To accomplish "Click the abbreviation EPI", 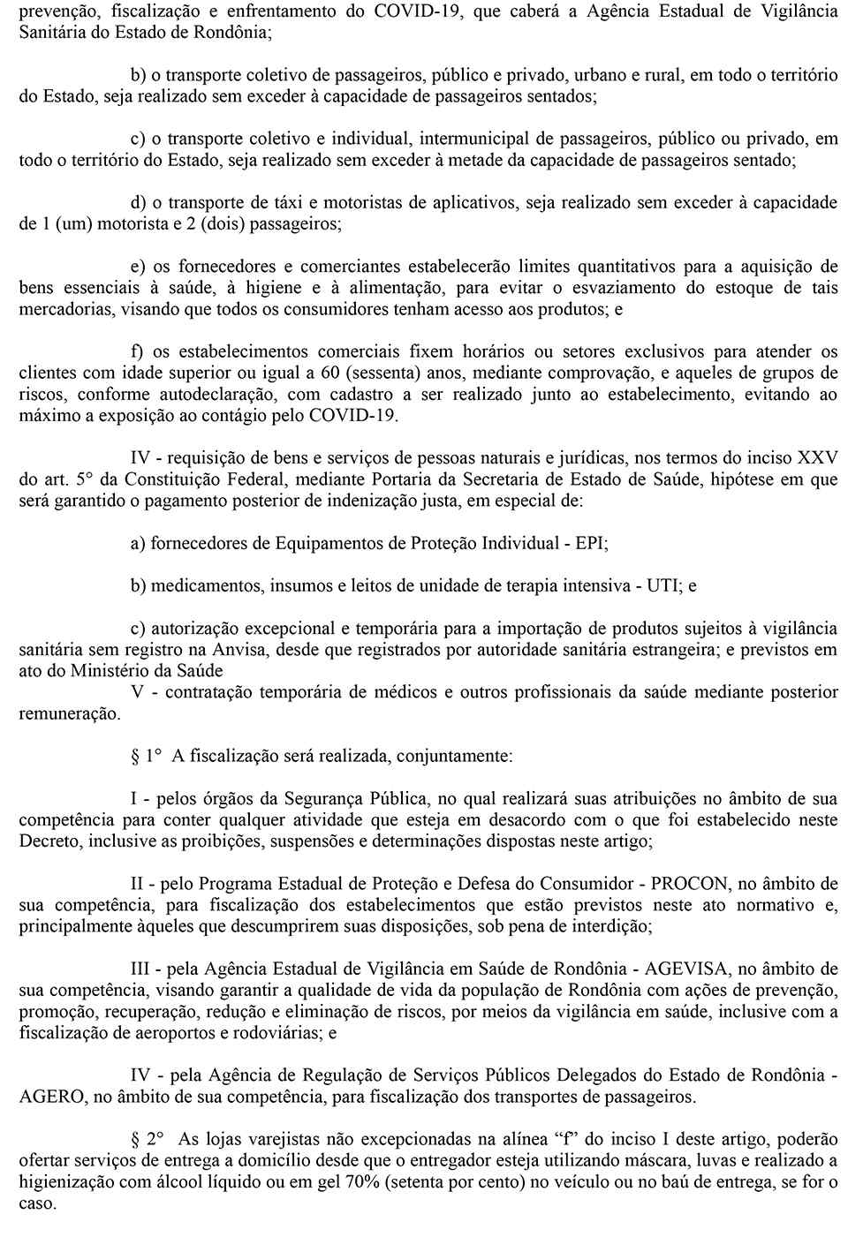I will (x=589, y=543).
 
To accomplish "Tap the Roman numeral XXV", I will (x=817, y=458).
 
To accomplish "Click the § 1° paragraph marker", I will (x=148, y=756).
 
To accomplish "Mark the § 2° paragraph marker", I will (x=148, y=1140).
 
